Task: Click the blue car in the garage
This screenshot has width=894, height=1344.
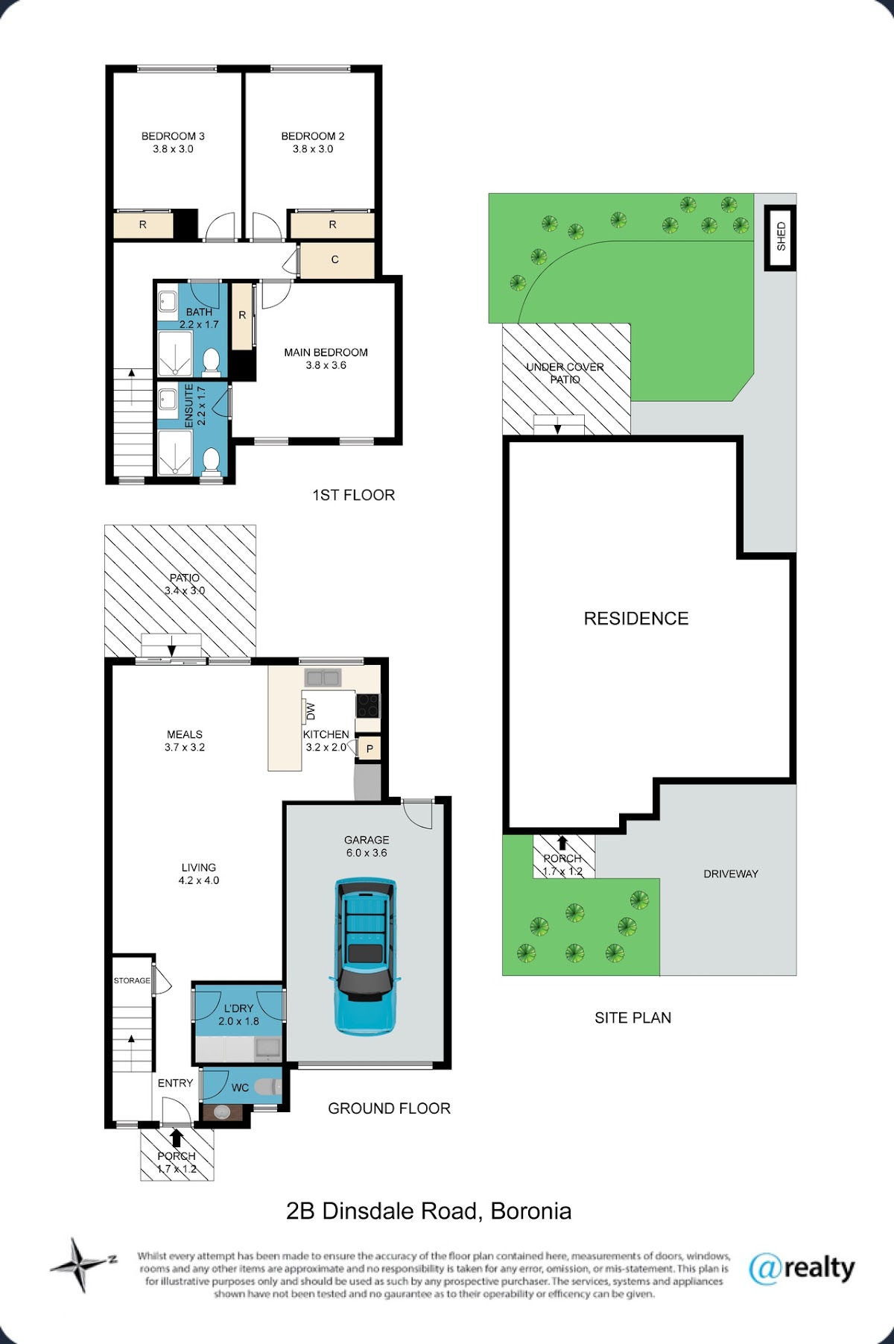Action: click(x=365, y=956)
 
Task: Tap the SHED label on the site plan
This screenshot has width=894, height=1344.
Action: click(x=781, y=236)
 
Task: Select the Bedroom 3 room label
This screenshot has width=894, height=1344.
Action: click(x=173, y=136)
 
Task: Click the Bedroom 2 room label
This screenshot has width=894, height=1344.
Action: click(x=313, y=136)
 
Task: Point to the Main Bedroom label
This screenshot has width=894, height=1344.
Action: click(x=326, y=353)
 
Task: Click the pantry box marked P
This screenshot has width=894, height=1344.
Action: click(x=370, y=748)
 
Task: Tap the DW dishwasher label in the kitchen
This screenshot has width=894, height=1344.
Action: click(x=311, y=711)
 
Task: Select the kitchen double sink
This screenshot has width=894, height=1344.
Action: click(x=323, y=678)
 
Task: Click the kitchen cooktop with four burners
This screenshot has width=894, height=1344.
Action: click(x=367, y=705)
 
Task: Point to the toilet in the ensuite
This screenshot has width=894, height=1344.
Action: click(x=212, y=460)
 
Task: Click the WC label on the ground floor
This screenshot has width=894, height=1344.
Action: click(x=240, y=1088)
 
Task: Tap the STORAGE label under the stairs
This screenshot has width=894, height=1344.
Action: click(x=132, y=980)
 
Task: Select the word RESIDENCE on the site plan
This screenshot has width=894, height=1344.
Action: click(x=636, y=618)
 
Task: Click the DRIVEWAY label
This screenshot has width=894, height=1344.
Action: click(x=731, y=874)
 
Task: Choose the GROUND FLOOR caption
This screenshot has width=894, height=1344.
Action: click(x=389, y=1108)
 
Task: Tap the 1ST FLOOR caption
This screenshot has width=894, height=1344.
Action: click(x=353, y=495)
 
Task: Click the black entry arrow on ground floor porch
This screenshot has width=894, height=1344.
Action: click(x=177, y=1138)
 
